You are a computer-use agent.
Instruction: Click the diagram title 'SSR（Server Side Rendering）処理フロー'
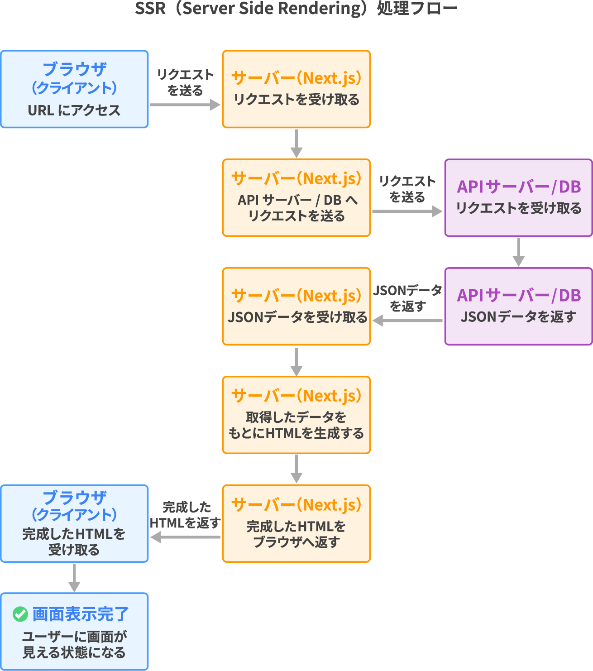tap(296, 9)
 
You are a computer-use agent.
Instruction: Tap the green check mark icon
tap(20, 614)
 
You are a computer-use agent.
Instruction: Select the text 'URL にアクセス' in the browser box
tap(74, 110)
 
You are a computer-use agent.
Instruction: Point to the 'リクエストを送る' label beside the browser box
tap(185, 82)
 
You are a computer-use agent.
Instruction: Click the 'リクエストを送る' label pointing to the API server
tap(407, 189)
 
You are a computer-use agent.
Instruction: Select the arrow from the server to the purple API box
tap(406, 211)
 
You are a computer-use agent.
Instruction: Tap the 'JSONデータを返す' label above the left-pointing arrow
tap(407, 298)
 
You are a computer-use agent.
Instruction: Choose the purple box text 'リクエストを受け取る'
tap(519, 208)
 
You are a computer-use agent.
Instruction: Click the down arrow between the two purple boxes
tap(519, 252)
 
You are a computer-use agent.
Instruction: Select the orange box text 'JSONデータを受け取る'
tap(297, 317)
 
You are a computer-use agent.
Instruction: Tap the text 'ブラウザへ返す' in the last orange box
tap(296, 542)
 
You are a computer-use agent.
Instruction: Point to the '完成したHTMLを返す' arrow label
tap(186, 515)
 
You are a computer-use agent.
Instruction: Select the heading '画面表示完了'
tap(81, 614)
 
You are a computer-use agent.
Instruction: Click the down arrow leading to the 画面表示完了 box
tap(74, 577)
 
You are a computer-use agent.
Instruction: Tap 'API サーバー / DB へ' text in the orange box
tap(297, 200)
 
